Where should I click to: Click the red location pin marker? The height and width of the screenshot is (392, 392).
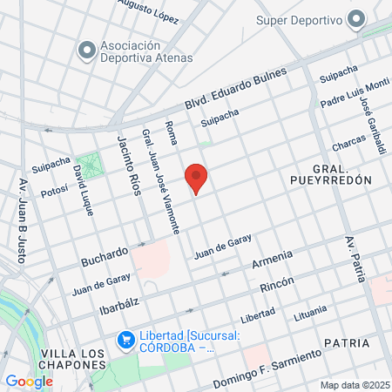tap(196, 179)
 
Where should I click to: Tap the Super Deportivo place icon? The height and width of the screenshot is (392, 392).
tap(356, 19)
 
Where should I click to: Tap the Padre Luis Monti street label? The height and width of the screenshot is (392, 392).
tap(355, 96)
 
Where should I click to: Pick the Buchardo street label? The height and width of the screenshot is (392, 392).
tap(105, 256)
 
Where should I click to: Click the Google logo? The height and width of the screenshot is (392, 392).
tap(29, 381)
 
